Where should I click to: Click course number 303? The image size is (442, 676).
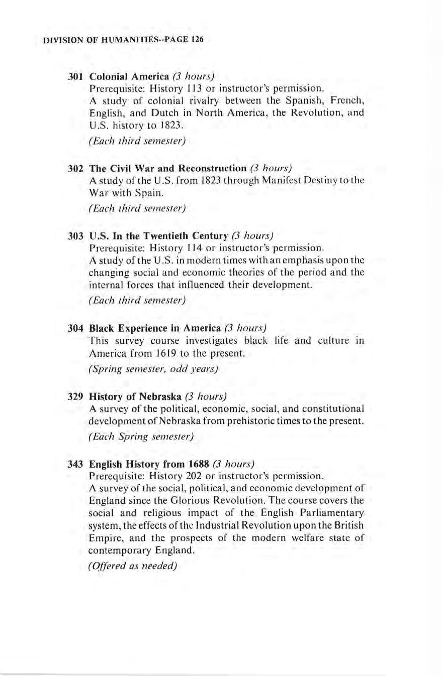click(x=75, y=235)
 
